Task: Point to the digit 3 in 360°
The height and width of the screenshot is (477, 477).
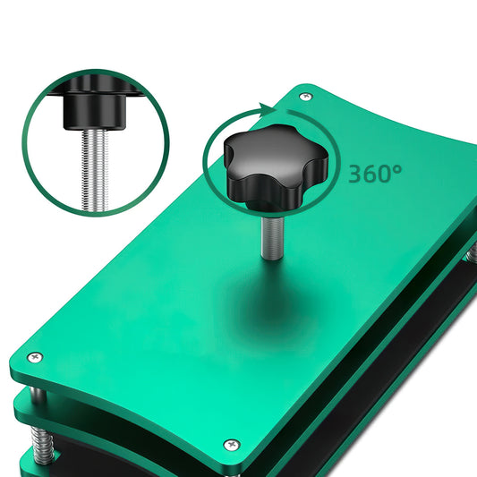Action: coord(356,174)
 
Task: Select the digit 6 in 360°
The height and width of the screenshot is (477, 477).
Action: coord(372,174)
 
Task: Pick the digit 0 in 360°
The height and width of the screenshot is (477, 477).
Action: coord(388,174)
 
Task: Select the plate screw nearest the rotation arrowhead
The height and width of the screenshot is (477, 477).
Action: coord(306,96)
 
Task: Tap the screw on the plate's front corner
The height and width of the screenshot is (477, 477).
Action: coord(232,444)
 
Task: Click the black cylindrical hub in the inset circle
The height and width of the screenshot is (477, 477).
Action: coord(94,113)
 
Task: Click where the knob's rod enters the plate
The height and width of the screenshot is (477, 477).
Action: coord(269,257)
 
